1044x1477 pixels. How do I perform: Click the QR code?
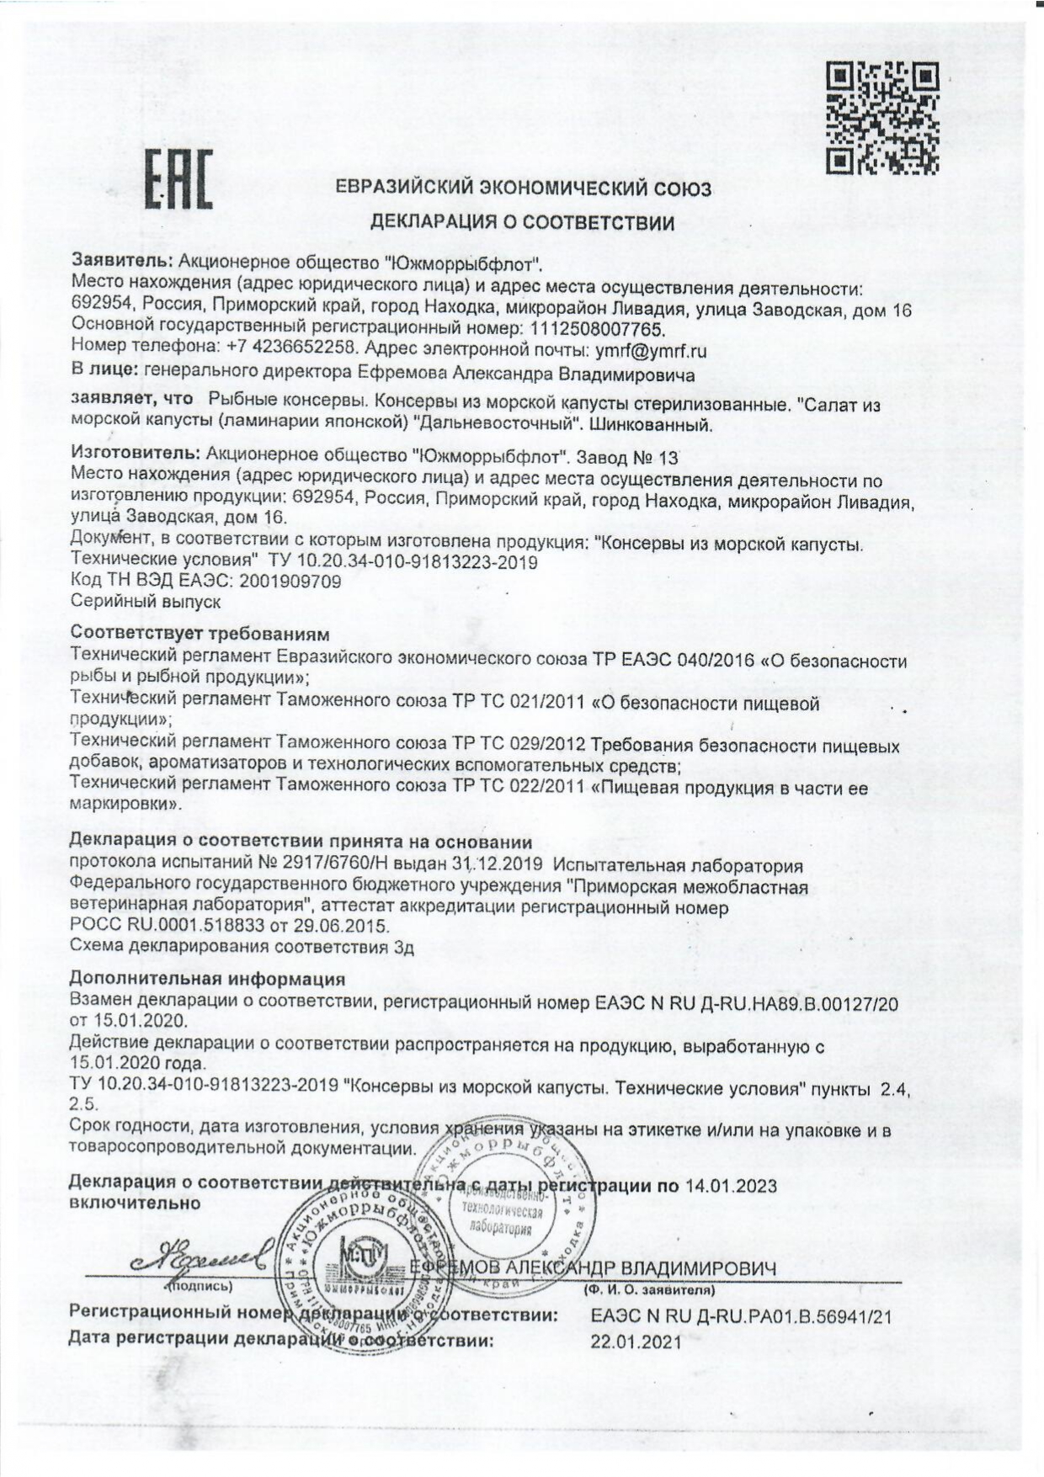point(882,118)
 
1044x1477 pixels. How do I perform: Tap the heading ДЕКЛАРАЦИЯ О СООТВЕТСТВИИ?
point(523,223)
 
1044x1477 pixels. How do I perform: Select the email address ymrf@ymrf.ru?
point(651,350)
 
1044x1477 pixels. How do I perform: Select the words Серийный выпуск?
point(146,602)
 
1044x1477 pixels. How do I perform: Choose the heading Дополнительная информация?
point(207,979)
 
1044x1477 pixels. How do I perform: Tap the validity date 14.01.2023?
point(731,1186)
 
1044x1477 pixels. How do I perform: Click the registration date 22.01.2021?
point(636,1343)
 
